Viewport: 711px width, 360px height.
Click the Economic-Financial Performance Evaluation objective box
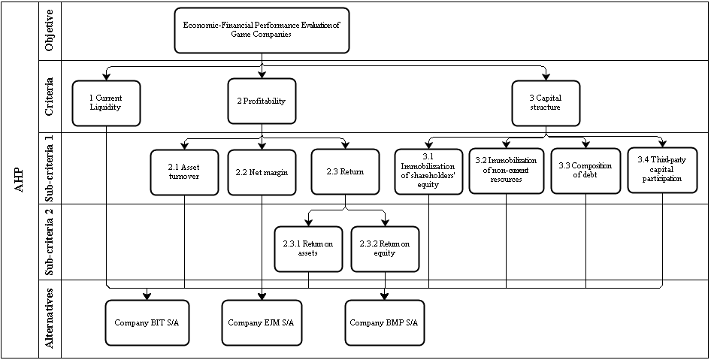[262, 30]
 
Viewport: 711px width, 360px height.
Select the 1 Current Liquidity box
[106, 102]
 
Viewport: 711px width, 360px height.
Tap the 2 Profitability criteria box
[262, 101]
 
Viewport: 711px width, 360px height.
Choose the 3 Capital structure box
[546, 102]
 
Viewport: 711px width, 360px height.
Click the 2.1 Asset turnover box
[184, 171]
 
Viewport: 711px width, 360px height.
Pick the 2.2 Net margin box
[262, 171]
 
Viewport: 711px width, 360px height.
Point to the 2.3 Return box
[345, 171]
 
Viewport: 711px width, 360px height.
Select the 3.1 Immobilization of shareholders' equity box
[428, 172]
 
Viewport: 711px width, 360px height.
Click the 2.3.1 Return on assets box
[308, 249]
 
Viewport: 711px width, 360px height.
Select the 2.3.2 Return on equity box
[386, 249]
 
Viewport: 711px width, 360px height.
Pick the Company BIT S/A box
[147, 322]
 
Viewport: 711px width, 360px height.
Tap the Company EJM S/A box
[262, 322]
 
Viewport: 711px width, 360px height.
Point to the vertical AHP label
[21, 180]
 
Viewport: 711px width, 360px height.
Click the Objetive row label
[50, 31]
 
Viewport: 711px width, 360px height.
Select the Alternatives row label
[50, 318]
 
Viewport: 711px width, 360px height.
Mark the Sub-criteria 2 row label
[50, 244]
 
